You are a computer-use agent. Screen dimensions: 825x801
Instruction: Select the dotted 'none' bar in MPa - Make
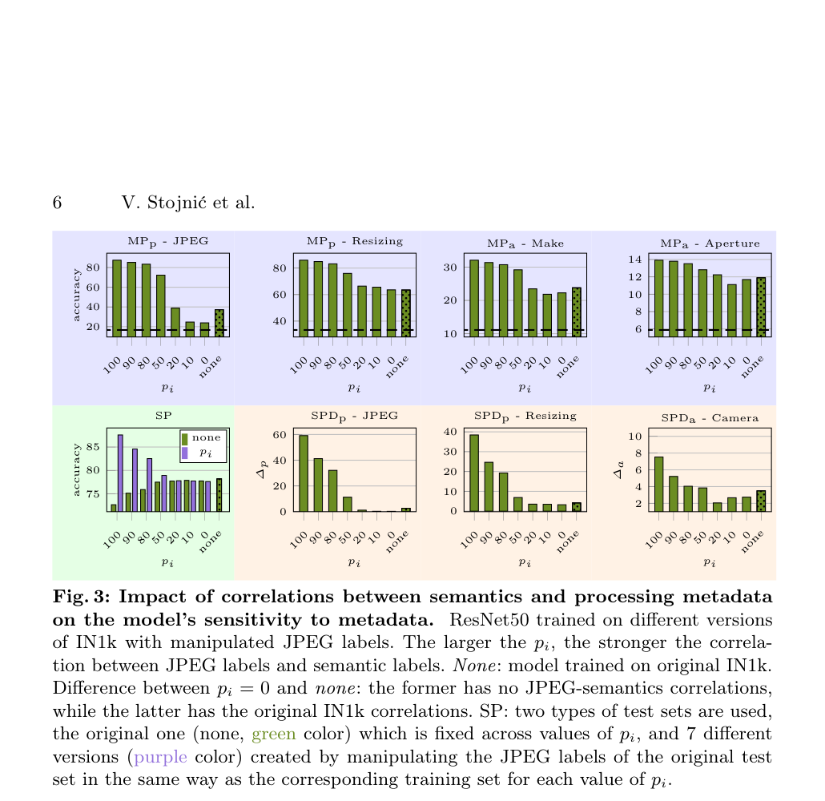point(577,312)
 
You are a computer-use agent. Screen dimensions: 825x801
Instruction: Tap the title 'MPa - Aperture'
point(710,244)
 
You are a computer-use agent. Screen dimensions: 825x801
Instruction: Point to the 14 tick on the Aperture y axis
point(635,260)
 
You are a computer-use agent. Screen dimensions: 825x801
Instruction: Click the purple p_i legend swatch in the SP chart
point(185,453)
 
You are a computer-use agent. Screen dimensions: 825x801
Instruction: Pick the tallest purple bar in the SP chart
point(120,473)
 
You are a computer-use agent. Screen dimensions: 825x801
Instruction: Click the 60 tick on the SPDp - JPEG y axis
point(280,435)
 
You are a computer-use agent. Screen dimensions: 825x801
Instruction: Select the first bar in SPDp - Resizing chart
point(474,473)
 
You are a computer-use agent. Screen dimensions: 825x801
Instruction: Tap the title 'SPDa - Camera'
point(710,418)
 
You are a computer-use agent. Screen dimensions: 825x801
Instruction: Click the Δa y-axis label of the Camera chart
point(618,469)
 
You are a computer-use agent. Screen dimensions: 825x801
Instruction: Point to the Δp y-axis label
point(262,469)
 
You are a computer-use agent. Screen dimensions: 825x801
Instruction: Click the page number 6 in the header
point(58,203)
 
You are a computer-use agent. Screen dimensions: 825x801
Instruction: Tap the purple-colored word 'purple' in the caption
point(160,757)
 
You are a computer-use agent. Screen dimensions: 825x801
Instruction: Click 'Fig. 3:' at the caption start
point(81,597)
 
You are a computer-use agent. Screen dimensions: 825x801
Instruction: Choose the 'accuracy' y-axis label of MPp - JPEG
point(76,295)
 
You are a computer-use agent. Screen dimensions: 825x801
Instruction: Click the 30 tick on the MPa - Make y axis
point(450,268)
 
